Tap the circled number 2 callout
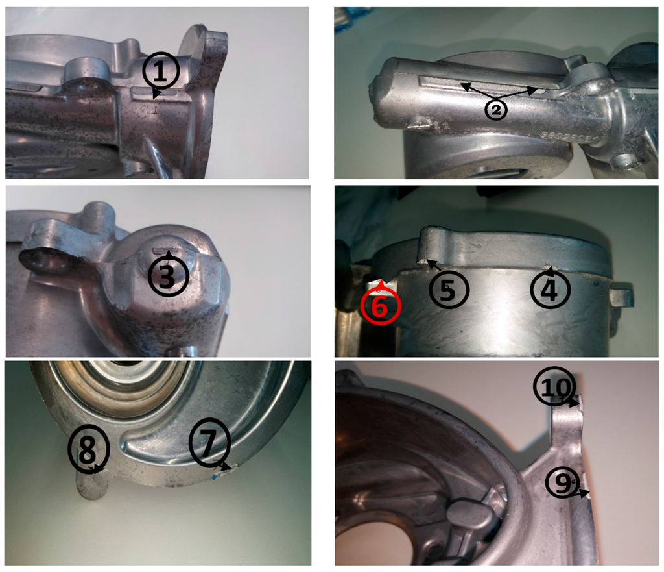[x=496, y=110]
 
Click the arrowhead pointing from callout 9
[x=587, y=494]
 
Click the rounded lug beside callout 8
[x=90, y=484]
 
